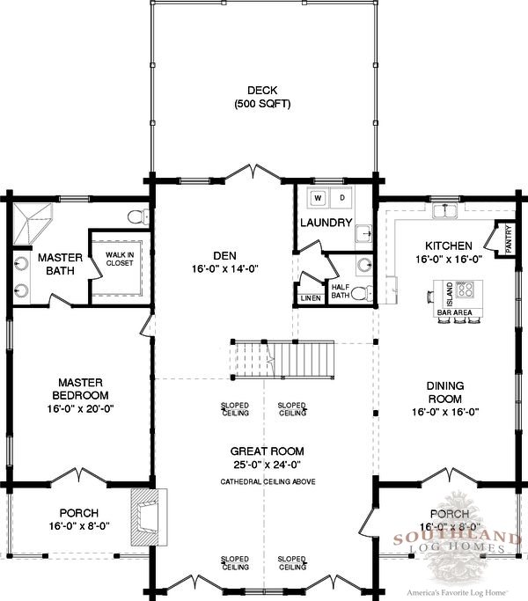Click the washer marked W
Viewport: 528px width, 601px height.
pyautogui.click(x=319, y=198)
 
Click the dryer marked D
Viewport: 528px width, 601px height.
pyautogui.click(x=342, y=198)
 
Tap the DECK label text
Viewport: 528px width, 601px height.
pyautogui.click(x=262, y=91)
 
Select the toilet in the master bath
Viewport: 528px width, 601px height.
pyautogui.click(x=138, y=217)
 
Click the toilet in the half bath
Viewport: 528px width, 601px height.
pyautogui.click(x=362, y=294)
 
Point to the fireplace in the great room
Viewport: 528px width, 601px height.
pyautogui.click(x=149, y=517)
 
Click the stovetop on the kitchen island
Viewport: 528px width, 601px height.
pyautogui.click(x=465, y=290)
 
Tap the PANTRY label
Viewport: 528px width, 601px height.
pyautogui.click(x=509, y=238)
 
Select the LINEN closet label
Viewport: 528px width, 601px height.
pyautogui.click(x=311, y=298)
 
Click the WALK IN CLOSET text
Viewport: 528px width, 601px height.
pyautogui.click(x=120, y=259)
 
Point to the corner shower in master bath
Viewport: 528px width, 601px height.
pyautogui.click(x=33, y=224)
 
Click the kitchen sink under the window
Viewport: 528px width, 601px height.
pyautogui.click(x=444, y=211)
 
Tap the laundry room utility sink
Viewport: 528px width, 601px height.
pyautogui.click(x=363, y=234)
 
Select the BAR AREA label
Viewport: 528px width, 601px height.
pyautogui.click(x=455, y=312)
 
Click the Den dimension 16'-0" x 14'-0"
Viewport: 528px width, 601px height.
pyautogui.click(x=225, y=269)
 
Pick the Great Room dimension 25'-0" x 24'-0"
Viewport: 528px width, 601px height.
pyautogui.click(x=268, y=465)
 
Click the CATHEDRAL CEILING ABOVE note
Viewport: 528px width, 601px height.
pyautogui.click(x=268, y=482)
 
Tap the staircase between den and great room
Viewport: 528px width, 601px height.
pyautogui.click(x=283, y=360)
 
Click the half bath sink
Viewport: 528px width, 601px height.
pyautogui.click(x=364, y=264)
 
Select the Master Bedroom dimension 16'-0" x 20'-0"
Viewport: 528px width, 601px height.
pyautogui.click(x=81, y=409)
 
